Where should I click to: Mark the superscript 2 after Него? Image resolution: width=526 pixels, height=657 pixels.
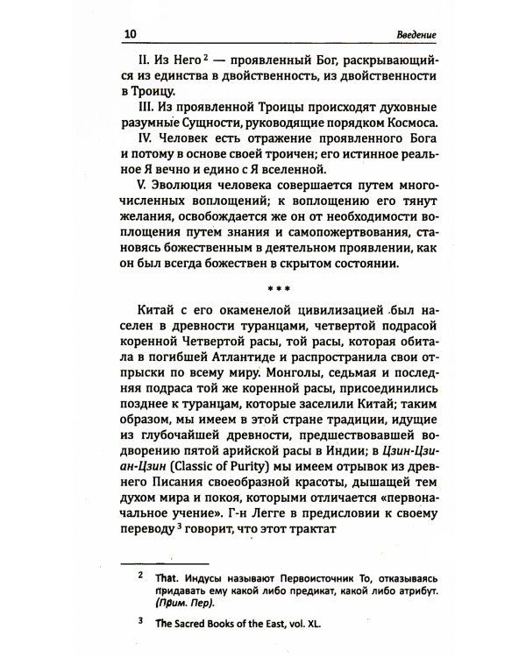point(202,57)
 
